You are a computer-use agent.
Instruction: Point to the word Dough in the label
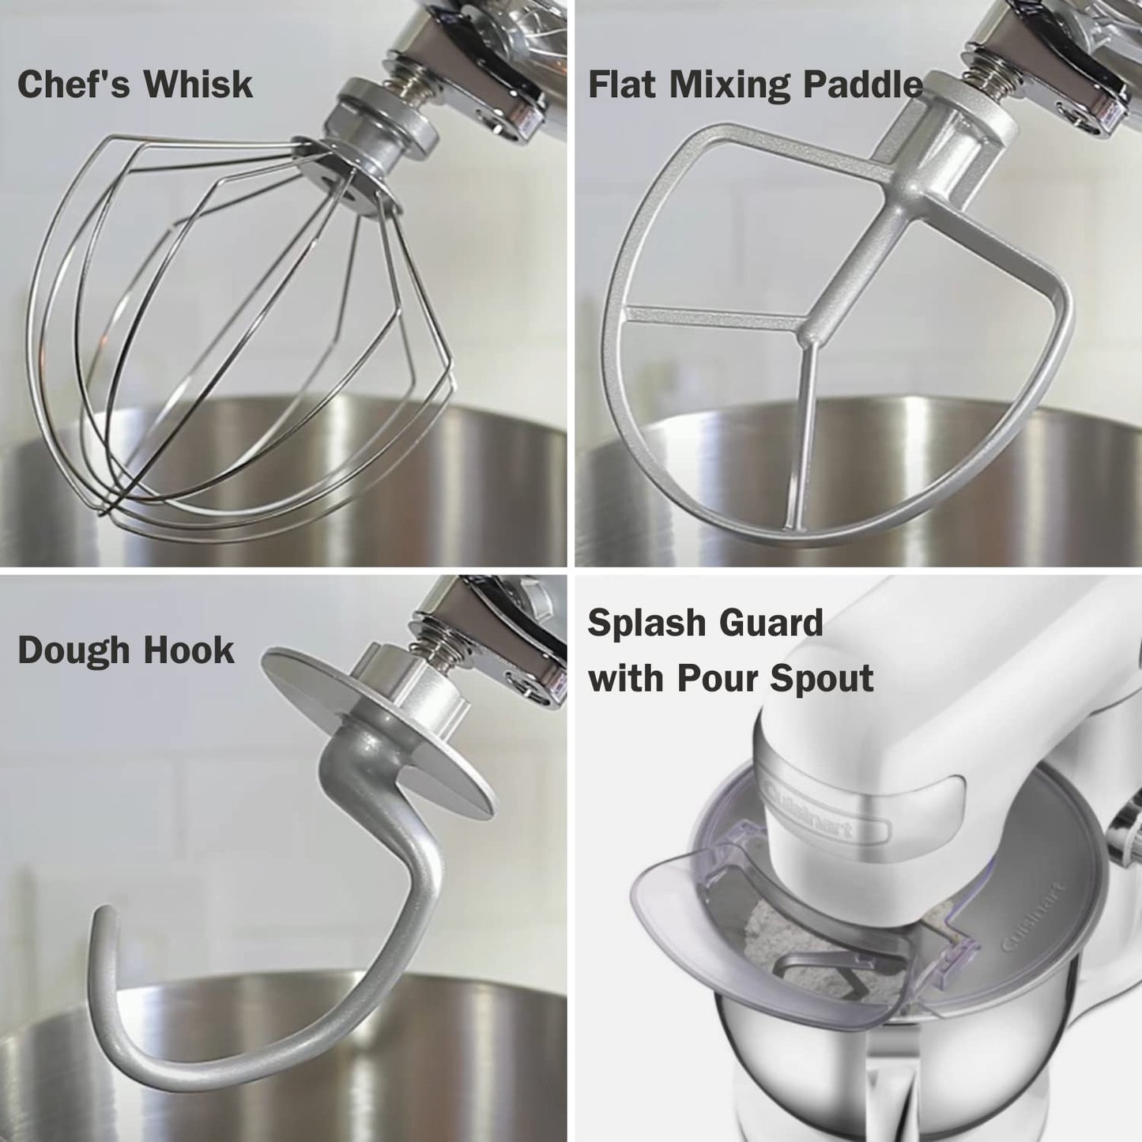pos(72,650)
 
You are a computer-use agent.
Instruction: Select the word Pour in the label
pos(716,678)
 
